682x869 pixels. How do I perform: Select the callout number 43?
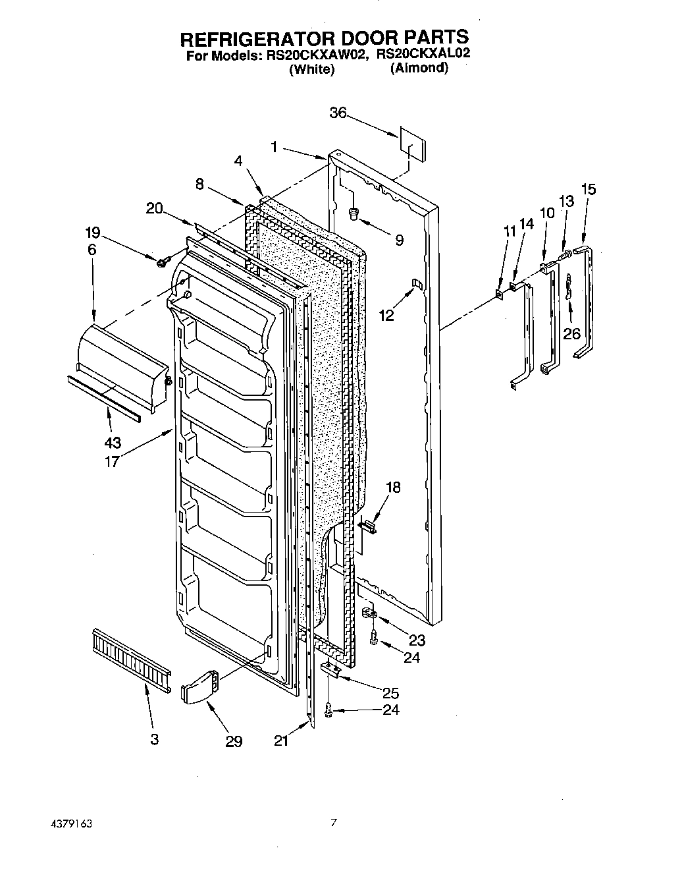click(x=112, y=442)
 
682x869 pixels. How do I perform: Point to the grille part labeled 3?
click(x=131, y=657)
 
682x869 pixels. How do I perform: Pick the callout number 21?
click(x=282, y=741)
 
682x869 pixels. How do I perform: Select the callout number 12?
click(x=386, y=315)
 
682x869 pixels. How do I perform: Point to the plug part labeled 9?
click(x=354, y=213)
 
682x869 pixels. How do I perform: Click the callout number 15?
click(x=589, y=190)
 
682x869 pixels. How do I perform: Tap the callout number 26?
click(x=571, y=334)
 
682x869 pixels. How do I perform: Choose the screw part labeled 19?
click(x=161, y=262)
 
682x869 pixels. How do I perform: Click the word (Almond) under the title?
click(x=419, y=68)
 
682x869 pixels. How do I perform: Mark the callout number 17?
click(x=112, y=461)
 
